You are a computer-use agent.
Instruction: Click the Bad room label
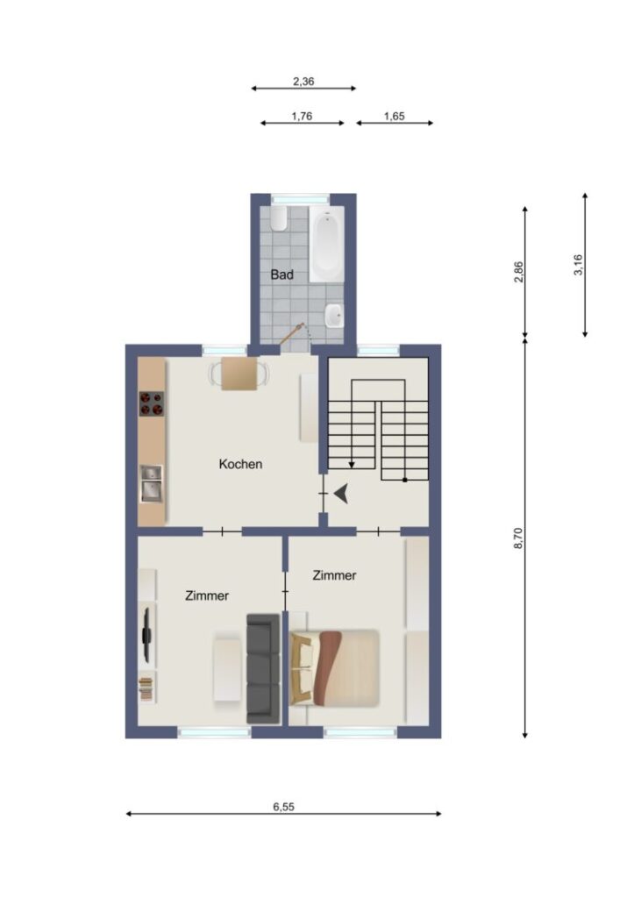tap(281, 274)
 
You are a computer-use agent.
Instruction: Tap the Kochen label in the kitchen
tap(240, 464)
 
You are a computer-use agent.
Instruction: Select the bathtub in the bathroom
tap(326, 245)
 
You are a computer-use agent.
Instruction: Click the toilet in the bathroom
tap(279, 218)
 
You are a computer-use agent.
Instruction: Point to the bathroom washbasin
tap(334, 316)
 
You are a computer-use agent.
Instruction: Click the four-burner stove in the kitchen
tap(152, 403)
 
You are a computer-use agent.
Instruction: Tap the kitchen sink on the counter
tap(152, 483)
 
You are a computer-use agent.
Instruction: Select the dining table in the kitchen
tap(239, 374)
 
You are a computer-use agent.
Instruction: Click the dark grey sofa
tap(263, 668)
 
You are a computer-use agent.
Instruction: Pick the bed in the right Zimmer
tap(334, 667)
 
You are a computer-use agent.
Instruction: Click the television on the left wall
tap(147, 634)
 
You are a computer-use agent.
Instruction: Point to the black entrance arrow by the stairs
tap(341, 493)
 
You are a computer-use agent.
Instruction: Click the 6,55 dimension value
tap(283, 807)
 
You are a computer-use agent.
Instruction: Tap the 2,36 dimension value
tap(303, 82)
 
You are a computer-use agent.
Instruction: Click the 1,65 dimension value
tap(394, 117)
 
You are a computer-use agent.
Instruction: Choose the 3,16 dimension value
tap(578, 265)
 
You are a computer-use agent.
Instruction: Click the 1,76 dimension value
tap(302, 117)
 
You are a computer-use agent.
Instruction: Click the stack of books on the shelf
tap(146, 688)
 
